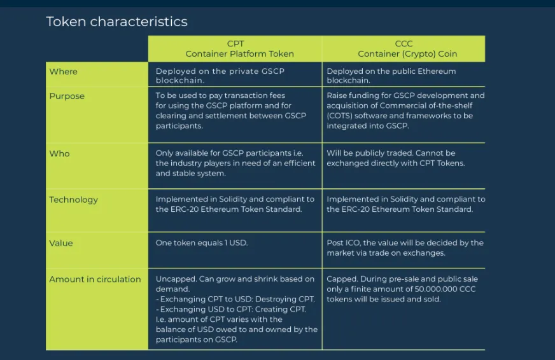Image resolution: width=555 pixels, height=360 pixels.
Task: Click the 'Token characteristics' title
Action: pos(117,22)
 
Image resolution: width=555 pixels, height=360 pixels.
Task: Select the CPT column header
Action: pos(235,48)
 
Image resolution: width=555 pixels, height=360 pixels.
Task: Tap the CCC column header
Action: pos(404,48)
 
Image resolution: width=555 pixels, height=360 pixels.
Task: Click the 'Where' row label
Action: pos(64,71)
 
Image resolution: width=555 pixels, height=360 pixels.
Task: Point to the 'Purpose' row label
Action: pos(67,96)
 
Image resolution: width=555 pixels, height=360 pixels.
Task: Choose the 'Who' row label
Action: pos(59,153)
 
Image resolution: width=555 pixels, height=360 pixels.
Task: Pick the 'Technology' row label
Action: pos(74,200)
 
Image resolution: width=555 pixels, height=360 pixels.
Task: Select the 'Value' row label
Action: pos(61,243)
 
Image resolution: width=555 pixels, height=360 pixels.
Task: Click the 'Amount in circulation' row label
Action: pos(95,279)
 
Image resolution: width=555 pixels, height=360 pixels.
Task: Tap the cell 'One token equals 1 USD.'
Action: pos(202,243)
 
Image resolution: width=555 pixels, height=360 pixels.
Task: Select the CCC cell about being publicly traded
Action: pos(396,158)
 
